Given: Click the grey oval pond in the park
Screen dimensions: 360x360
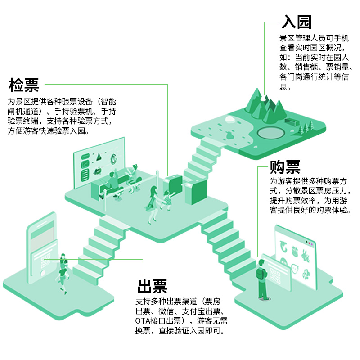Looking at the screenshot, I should click(x=270, y=133).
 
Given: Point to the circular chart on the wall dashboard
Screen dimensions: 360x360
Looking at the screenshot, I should click(x=114, y=159).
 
